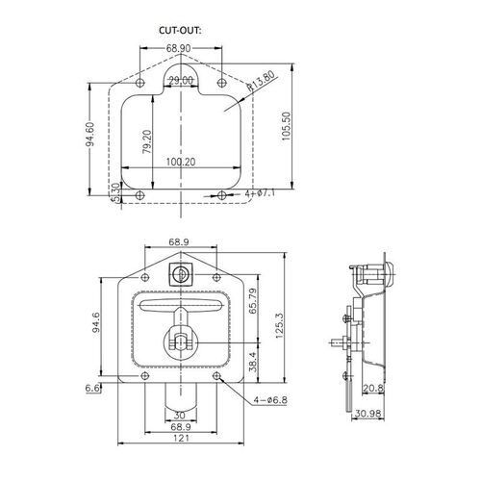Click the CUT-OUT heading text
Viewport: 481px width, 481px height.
pos(180,31)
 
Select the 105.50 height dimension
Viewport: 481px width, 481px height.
pos(286,126)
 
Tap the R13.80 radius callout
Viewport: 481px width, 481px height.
pos(261,81)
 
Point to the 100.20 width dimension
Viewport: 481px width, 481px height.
pos(181,162)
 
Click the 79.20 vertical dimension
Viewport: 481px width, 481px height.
pos(147,141)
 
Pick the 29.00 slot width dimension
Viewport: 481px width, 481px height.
pos(181,81)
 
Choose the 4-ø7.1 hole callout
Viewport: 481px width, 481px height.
pos(260,193)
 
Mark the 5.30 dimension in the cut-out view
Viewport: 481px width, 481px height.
pos(116,192)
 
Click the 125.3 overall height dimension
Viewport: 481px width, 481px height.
pos(279,326)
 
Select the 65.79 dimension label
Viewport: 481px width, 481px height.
pos(253,301)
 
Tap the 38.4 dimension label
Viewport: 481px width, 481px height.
pos(253,362)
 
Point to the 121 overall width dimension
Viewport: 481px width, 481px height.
pos(181,438)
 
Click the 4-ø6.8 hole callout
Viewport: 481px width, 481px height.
pos(270,400)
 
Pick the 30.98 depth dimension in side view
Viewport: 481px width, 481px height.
pos(367,414)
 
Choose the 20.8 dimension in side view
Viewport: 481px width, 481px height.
pos(373,389)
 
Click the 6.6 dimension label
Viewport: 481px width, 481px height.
pos(92,389)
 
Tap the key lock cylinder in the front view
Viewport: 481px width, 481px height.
pos(181,273)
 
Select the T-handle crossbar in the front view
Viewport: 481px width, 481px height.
pos(180,306)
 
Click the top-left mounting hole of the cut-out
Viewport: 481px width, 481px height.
pos(140,83)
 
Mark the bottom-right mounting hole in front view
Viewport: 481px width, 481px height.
pos(217,375)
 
